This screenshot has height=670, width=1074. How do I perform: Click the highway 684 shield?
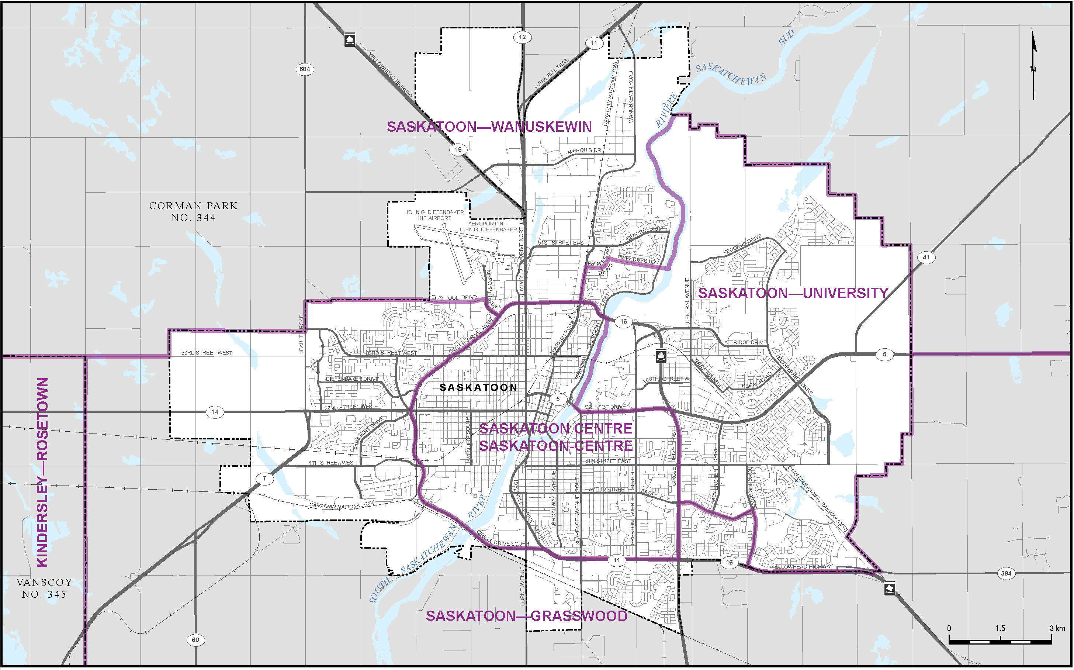pos(305,69)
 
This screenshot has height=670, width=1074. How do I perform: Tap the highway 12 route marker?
pos(522,37)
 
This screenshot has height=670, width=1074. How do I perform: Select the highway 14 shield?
pos(215,412)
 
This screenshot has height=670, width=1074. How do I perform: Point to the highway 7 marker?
pos(264,479)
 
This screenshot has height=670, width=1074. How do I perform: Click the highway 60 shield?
pos(195,640)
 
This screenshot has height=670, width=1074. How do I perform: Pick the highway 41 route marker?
pos(926,258)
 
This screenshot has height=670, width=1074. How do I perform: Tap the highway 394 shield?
pos(1006,573)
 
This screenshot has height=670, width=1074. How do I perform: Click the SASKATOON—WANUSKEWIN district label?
pos(489,127)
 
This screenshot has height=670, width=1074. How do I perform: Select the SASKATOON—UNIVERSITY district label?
pos(793,293)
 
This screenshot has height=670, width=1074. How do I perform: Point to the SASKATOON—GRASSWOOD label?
pos(526,616)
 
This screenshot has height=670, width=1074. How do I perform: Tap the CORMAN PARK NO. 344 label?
pos(193,211)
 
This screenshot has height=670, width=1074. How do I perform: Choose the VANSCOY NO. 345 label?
pos(44,588)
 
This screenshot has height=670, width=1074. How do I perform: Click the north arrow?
pos(1034,64)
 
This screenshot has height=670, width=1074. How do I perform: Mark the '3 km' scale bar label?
pos(1057,628)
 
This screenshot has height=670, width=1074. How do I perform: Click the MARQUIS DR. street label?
pos(584,151)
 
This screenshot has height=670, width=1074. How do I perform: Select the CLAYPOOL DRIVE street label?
pos(454,297)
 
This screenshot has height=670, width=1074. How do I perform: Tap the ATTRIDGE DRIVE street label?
pos(745,342)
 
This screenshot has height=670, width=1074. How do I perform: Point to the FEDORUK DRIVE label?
pos(742,245)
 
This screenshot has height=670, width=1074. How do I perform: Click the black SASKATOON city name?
pos(478,388)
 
